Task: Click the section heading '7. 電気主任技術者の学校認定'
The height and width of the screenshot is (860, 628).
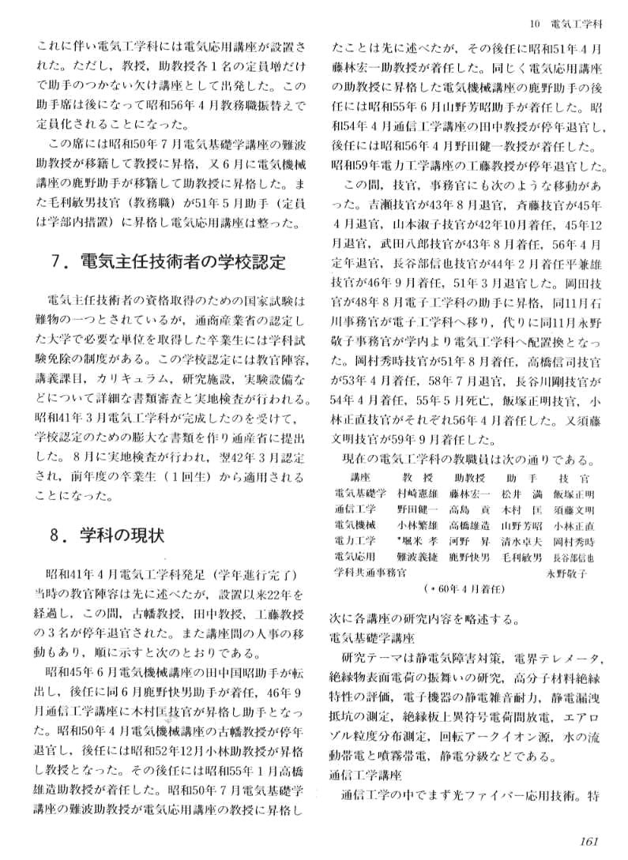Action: coord(167,262)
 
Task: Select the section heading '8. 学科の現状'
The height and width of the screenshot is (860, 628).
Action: coord(107,535)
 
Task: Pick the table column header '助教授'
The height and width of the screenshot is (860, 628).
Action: coord(468,478)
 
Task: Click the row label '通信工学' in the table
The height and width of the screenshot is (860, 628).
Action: coord(355,509)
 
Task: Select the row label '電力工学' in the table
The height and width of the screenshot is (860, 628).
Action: coord(355,541)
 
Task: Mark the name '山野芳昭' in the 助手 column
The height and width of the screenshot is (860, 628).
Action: coord(521,525)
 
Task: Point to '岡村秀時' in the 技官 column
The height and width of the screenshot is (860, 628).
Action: coord(573,541)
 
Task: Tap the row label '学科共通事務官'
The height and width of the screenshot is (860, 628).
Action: coord(369,573)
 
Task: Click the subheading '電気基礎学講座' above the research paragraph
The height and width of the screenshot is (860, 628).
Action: coord(367,636)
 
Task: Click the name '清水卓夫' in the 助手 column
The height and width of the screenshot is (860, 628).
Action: coord(521,541)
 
